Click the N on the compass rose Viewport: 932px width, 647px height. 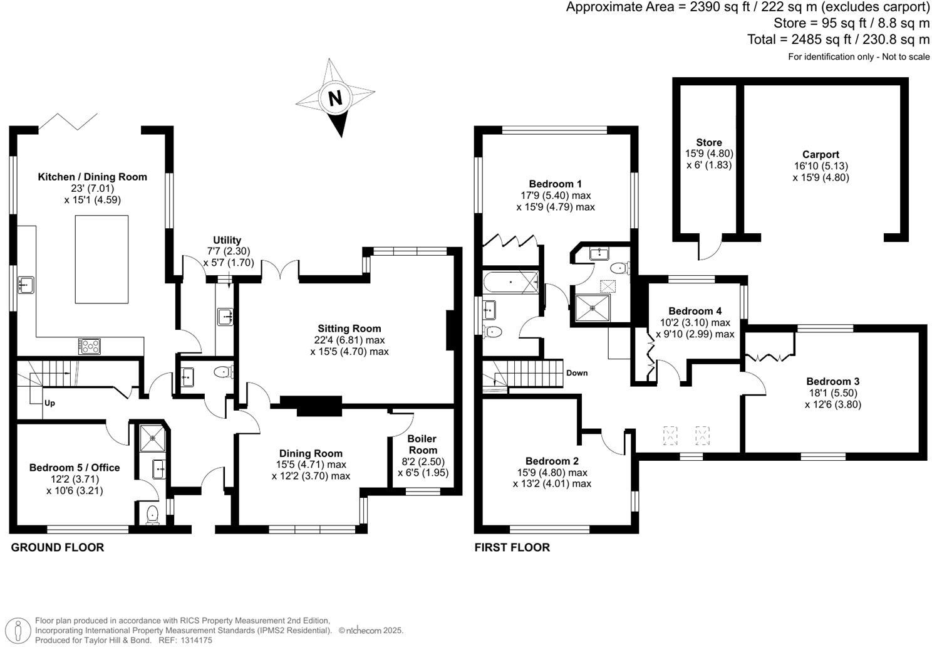(x=336, y=98)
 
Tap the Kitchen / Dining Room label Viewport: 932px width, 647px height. (x=93, y=177)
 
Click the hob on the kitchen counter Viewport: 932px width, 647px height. (x=89, y=345)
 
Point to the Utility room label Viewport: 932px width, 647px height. (x=227, y=241)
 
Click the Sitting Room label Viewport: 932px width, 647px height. (x=349, y=329)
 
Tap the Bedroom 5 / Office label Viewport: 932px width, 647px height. (x=75, y=468)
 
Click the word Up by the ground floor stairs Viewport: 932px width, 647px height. (x=49, y=403)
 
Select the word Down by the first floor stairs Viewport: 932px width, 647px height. (x=576, y=373)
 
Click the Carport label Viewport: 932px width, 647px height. (x=821, y=155)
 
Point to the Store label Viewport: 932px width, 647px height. (x=708, y=143)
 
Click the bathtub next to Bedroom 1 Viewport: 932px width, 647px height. (x=510, y=282)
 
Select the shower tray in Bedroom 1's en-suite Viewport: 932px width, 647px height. (x=592, y=308)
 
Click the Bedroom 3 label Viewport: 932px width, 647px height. (x=832, y=381)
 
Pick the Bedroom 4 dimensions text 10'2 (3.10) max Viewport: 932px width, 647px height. (x=695, y=323)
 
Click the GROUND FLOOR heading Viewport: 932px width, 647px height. (x=58, y=547)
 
